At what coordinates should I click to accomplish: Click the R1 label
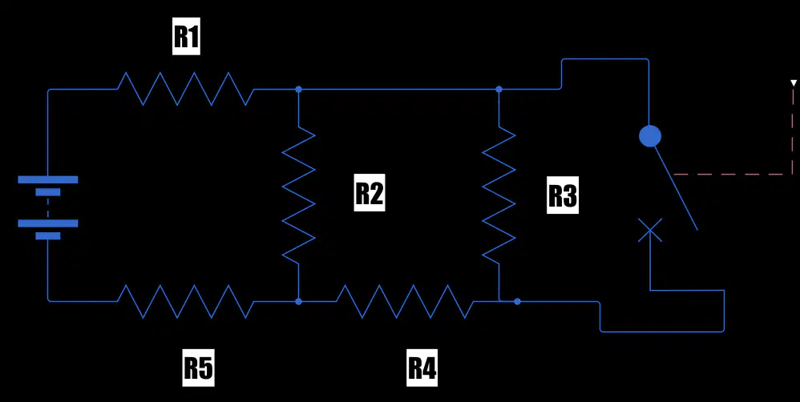pos(186,38)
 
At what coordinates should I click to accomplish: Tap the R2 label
pos(370,192)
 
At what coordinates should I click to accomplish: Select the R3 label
pos(563,195)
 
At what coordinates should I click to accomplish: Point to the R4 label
pos(422,368)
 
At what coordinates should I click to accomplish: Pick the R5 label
pos(199,368)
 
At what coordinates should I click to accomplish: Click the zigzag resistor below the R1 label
pos(186,89)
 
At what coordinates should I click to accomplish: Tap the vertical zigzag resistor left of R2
pos(298,195)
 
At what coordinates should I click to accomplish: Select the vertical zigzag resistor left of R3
pos(499,195)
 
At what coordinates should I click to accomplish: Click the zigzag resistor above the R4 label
pos(405,301)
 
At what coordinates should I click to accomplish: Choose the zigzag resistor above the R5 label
pos(186,301)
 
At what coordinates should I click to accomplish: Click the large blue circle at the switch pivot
pos(650,136)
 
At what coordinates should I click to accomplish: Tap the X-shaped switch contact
pos(650,231)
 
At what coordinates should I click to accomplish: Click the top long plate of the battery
pos(48,179)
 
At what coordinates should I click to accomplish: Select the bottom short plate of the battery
pos(48,236)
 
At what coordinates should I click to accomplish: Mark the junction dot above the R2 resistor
pos(298,89)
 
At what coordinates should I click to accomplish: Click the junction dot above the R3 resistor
pos(499,89)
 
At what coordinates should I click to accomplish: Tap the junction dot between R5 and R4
pos(298,302)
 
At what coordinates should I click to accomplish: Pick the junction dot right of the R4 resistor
pos(517,302)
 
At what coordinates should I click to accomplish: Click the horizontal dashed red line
pos(733,175)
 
